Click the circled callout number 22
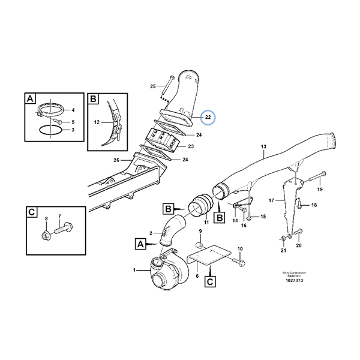coord(207,117)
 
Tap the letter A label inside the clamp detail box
coord(29,99)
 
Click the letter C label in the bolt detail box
coord(29,213)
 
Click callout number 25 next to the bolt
coord(152,86)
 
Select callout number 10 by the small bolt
coord(240,249)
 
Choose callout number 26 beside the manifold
coord(117,160)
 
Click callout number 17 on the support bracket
coord(271,200)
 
